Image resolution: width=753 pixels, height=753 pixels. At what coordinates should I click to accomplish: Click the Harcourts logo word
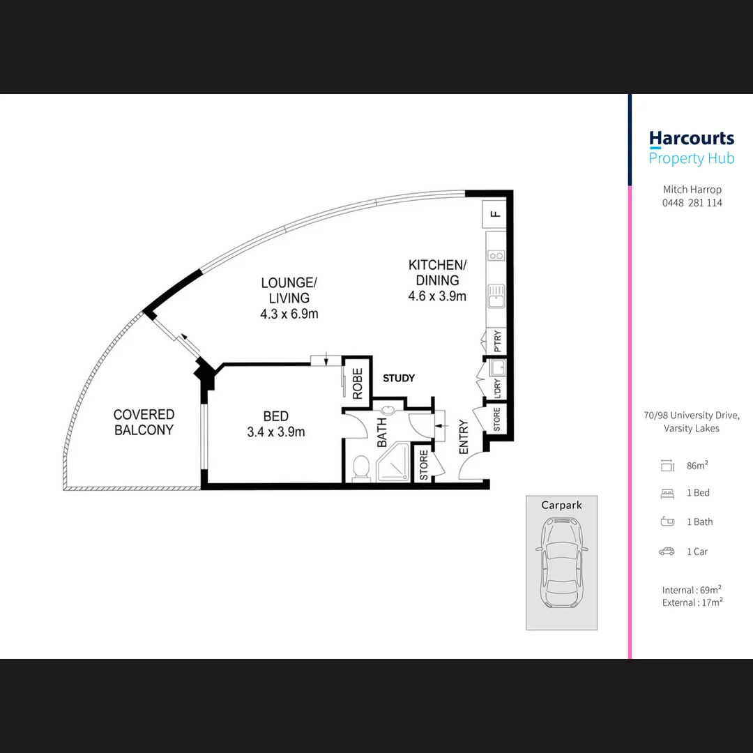pyautogui.click(x=692, y=139)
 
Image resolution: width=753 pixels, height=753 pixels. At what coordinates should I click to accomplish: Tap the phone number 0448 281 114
pyautogui.click(x=692, y=203)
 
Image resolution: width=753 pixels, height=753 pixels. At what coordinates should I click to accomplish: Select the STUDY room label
pyautogui.click(x=399, y=379)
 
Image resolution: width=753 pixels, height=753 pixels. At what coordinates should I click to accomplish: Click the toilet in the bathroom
pyautogui.click(x=360, y=468)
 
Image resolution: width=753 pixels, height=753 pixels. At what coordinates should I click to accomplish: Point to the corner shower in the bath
pyautogui.click(x=393, y=462)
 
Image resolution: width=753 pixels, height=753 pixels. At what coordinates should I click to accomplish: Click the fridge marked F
pyautogui.click(x=494, y=214)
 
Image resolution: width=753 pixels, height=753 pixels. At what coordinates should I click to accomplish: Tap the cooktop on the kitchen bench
pyautogui.click(x=496, y=256)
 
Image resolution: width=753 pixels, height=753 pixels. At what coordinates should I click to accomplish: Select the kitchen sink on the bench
pyautogui.click(x=496, y=296)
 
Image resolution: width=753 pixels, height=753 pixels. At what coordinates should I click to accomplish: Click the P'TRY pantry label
pyautogui.click(x=497, y=342)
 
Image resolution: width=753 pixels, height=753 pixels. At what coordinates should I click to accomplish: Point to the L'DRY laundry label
pyautogui.click(x=497, y=388)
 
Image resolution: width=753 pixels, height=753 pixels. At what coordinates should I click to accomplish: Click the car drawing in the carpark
pyautogui.click(x=561, y=563)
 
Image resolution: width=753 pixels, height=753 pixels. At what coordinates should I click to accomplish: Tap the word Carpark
pyautogui.click(x=561, y=505)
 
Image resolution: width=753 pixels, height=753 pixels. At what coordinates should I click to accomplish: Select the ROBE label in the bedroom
pyautogui.click(x=358, y=383)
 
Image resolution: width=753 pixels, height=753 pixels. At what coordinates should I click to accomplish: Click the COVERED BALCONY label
pyautogui.click(x=144, y=422)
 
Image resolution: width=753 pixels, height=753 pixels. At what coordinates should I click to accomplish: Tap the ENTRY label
pyautogui.click(x=464, y=436)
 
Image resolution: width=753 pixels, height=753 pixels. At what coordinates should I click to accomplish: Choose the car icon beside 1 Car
pyautogui.click(x=667, y=552)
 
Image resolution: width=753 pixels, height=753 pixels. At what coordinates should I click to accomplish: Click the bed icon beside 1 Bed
pyautogui.click(x=667, y=493)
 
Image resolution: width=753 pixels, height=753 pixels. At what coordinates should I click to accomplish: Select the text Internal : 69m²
pyautogui.click(x=692, y=591)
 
